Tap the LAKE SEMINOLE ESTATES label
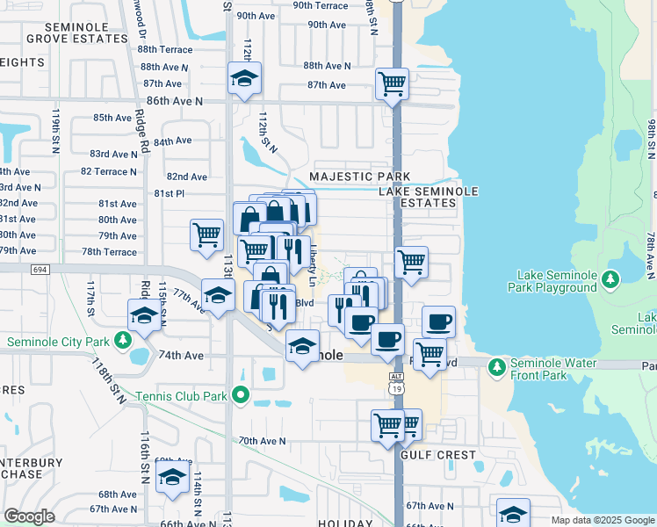point(417,197)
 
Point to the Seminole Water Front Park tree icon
point(496,365)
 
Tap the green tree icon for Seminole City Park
point(124,341)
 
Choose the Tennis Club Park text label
point(181,396)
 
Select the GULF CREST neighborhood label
point(437,456)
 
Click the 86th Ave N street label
point(175,102)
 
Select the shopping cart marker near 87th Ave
point(392,84)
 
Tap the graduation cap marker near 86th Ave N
point(243,79)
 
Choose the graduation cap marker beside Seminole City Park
point(145,314)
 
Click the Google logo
point(29,516)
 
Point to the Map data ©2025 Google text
point(602,520)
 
